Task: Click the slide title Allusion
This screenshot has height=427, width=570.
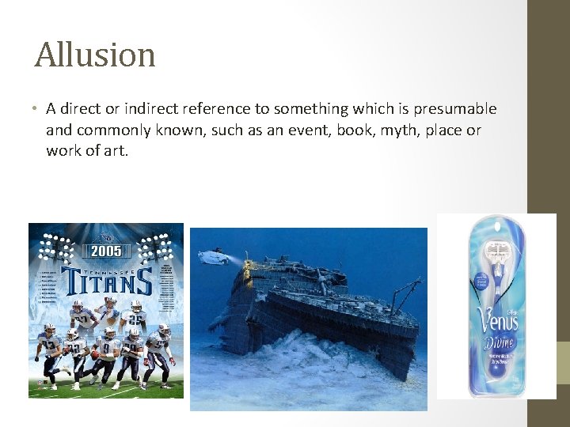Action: click(95, 55)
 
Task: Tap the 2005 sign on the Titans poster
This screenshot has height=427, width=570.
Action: click(105, 251)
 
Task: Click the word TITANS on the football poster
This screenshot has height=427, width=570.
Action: click(105, 281)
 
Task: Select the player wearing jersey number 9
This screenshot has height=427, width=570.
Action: click(106, 352)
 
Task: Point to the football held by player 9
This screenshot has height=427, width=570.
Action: click(96, 355)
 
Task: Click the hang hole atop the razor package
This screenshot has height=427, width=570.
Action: click(497, 222)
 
